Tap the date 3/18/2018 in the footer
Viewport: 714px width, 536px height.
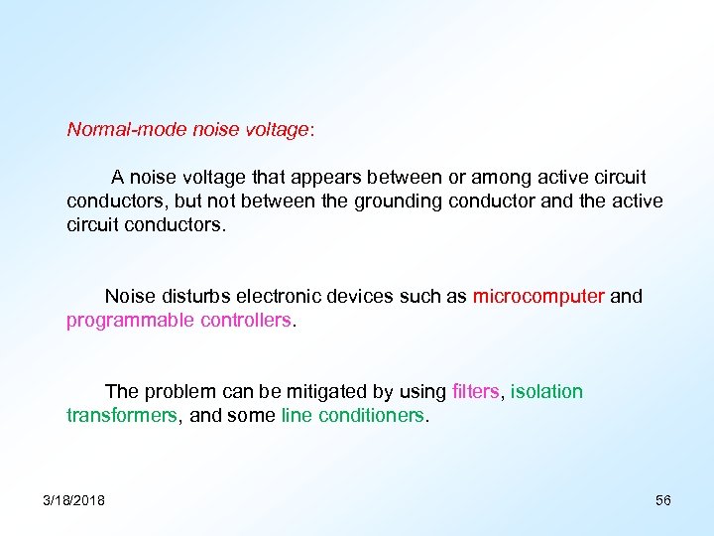pyautogui.click(x=74, y=499)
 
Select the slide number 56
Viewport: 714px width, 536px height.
pyautogui.click(x=662, y=499)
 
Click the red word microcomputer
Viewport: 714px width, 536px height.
pyautogui.click(x=538, y=296)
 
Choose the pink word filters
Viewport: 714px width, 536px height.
pyautogui.click(x=475, y=391)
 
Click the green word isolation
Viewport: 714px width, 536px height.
pyautogui.click(x=546, y=391)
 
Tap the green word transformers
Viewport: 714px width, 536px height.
pyautogui.click(x=122, y=416)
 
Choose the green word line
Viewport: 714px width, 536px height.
pyautogui.click(x=297, y=416)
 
